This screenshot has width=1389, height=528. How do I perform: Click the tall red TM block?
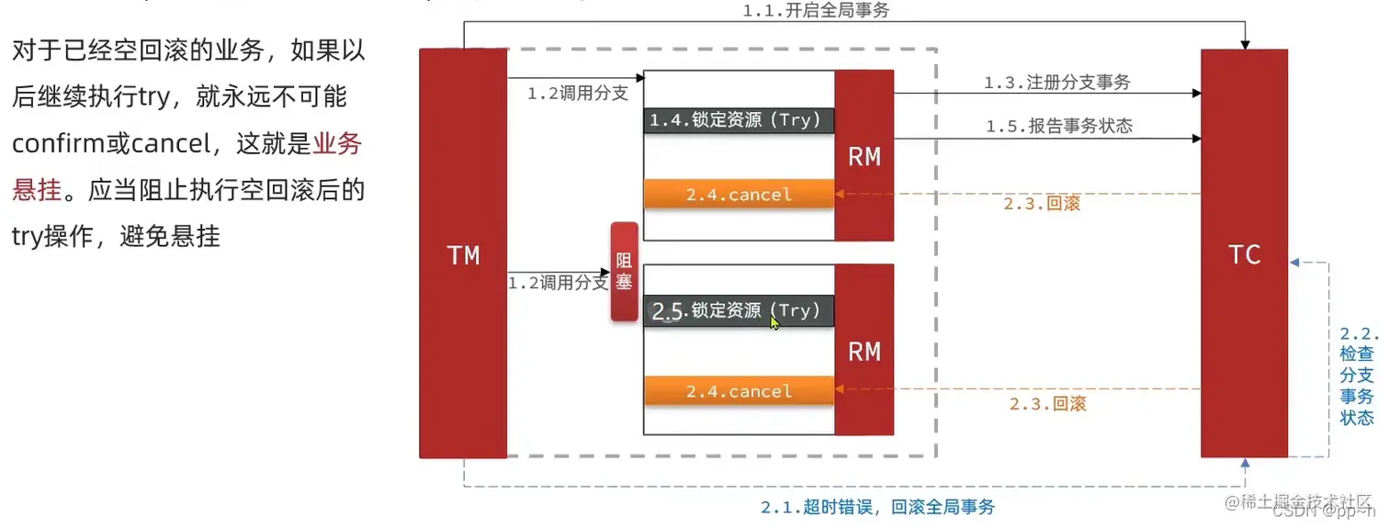point(463,253)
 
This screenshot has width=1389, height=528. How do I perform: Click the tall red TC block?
point(1244,253)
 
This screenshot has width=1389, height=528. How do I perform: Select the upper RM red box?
point(864,156)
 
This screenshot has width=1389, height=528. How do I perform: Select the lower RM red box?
point(864,350)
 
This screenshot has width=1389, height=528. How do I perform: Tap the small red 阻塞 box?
point(624,272)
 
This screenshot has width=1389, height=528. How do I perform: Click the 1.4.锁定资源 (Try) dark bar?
point(739,120)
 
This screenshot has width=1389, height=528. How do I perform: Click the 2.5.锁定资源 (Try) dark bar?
point(739,311)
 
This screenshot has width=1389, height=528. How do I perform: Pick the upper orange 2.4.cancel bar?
point(739,195)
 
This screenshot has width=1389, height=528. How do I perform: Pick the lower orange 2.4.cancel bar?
point(739,390)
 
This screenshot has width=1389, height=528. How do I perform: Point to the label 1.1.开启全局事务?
point(816,11)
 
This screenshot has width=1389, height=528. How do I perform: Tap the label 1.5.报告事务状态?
point(1059,127)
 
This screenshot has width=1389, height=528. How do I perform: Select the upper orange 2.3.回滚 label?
point(1042,204)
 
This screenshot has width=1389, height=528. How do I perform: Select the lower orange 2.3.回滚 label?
point(1047,403)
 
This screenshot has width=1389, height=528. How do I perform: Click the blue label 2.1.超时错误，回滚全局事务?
point(877,507)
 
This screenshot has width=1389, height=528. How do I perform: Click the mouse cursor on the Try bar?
point(774,322)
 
